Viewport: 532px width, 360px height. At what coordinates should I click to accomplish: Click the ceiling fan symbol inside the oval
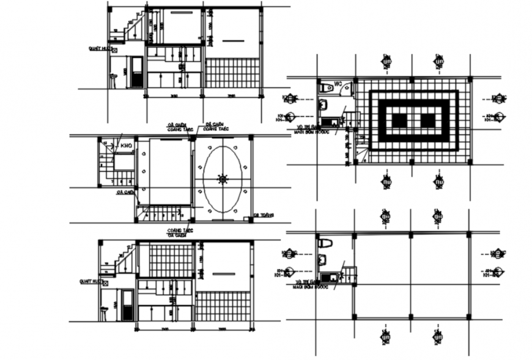click(x=222, y=179)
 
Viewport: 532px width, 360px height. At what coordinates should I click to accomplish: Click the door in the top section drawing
click(x=136, y=72)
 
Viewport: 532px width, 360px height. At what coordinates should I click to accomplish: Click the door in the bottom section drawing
click(x=128, y=304)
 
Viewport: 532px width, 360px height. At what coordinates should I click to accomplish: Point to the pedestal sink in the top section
click(x=114, y=79)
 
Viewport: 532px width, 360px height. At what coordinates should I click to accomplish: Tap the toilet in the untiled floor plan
click(x=325, y=244)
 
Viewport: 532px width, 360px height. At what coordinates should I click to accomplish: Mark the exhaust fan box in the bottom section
click(x=105, y=282)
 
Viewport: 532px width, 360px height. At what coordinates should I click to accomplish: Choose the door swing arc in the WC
click(x=346, y=90)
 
